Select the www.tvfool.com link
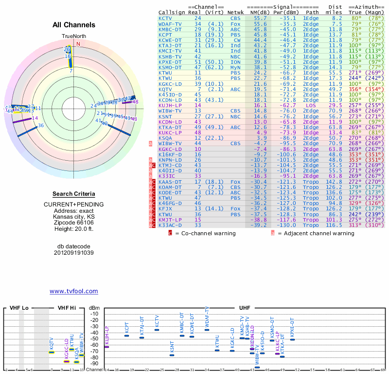pyautogui.click(x=73, y=291)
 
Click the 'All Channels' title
pyautogui.click(x=74, y=25)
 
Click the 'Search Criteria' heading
pyautogui.click(x=73, y=194)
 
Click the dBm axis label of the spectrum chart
pyautogui.click(x=94, y=308)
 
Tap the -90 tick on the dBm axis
pyautogui.click(x=94, y=363)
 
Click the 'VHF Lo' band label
pyautogui.click(x=19, y=308)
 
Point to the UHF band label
pyautogui.click(x=245, y=308)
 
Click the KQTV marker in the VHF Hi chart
pyautogui.click(x=52, y=352)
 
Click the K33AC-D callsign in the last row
pyautogui.click(x=170, y=225)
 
